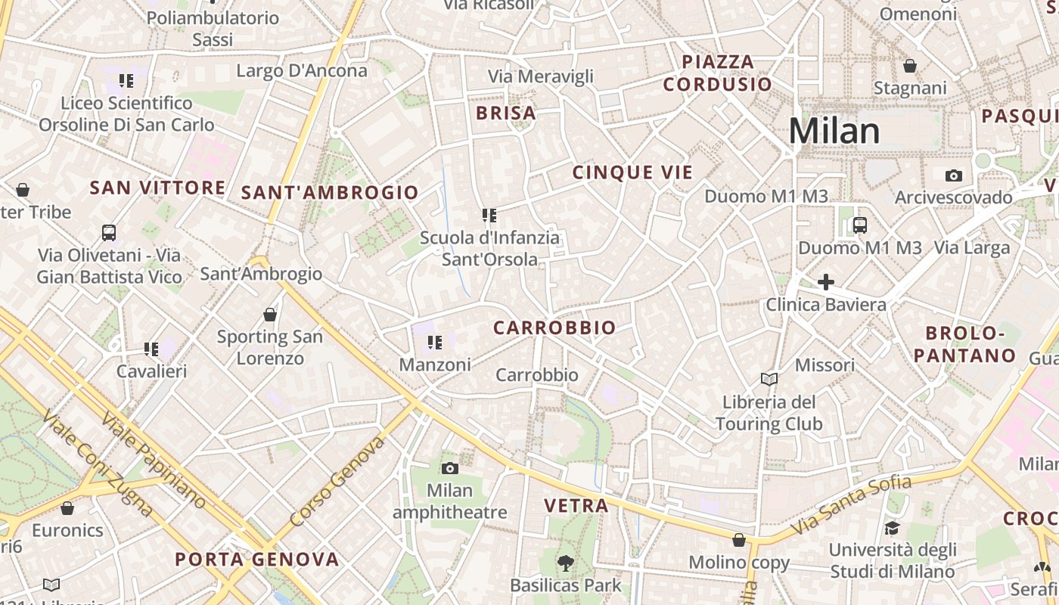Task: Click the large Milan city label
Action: coord(834,131)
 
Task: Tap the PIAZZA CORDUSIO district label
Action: coord(718,73)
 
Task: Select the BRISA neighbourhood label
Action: coord(506,113)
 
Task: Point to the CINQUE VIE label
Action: coord(632,172)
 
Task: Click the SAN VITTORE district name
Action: coord(157,188)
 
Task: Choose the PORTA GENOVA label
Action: coord(257,560)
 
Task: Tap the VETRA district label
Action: coord(576,506)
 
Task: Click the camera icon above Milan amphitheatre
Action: coord(449,468)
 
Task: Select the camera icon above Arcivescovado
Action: coord(953,175)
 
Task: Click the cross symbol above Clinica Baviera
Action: coord(825,283)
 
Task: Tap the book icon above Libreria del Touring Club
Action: coord(769,379)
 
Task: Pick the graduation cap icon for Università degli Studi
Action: coord(892,528)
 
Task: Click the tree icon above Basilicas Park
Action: coord(565,563)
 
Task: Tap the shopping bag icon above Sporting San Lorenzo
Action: coord(269,314)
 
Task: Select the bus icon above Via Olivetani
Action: coord(109,232)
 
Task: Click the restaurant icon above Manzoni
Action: coord(434,343)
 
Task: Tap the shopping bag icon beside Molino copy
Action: coord(738,540)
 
